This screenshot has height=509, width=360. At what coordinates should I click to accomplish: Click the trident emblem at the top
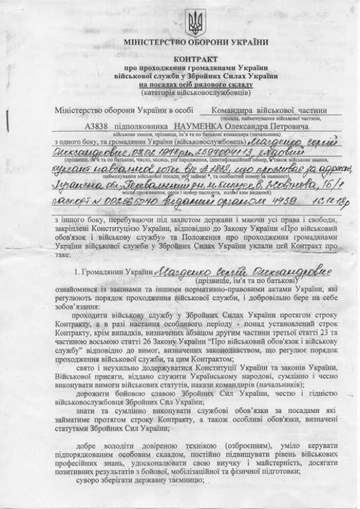[196, 22]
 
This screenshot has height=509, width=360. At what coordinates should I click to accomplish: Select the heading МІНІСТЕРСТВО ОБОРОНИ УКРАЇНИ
[196, 42]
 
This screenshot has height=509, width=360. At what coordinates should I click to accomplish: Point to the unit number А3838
[97, 126]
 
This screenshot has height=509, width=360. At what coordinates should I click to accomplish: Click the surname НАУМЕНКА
[198, 126]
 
